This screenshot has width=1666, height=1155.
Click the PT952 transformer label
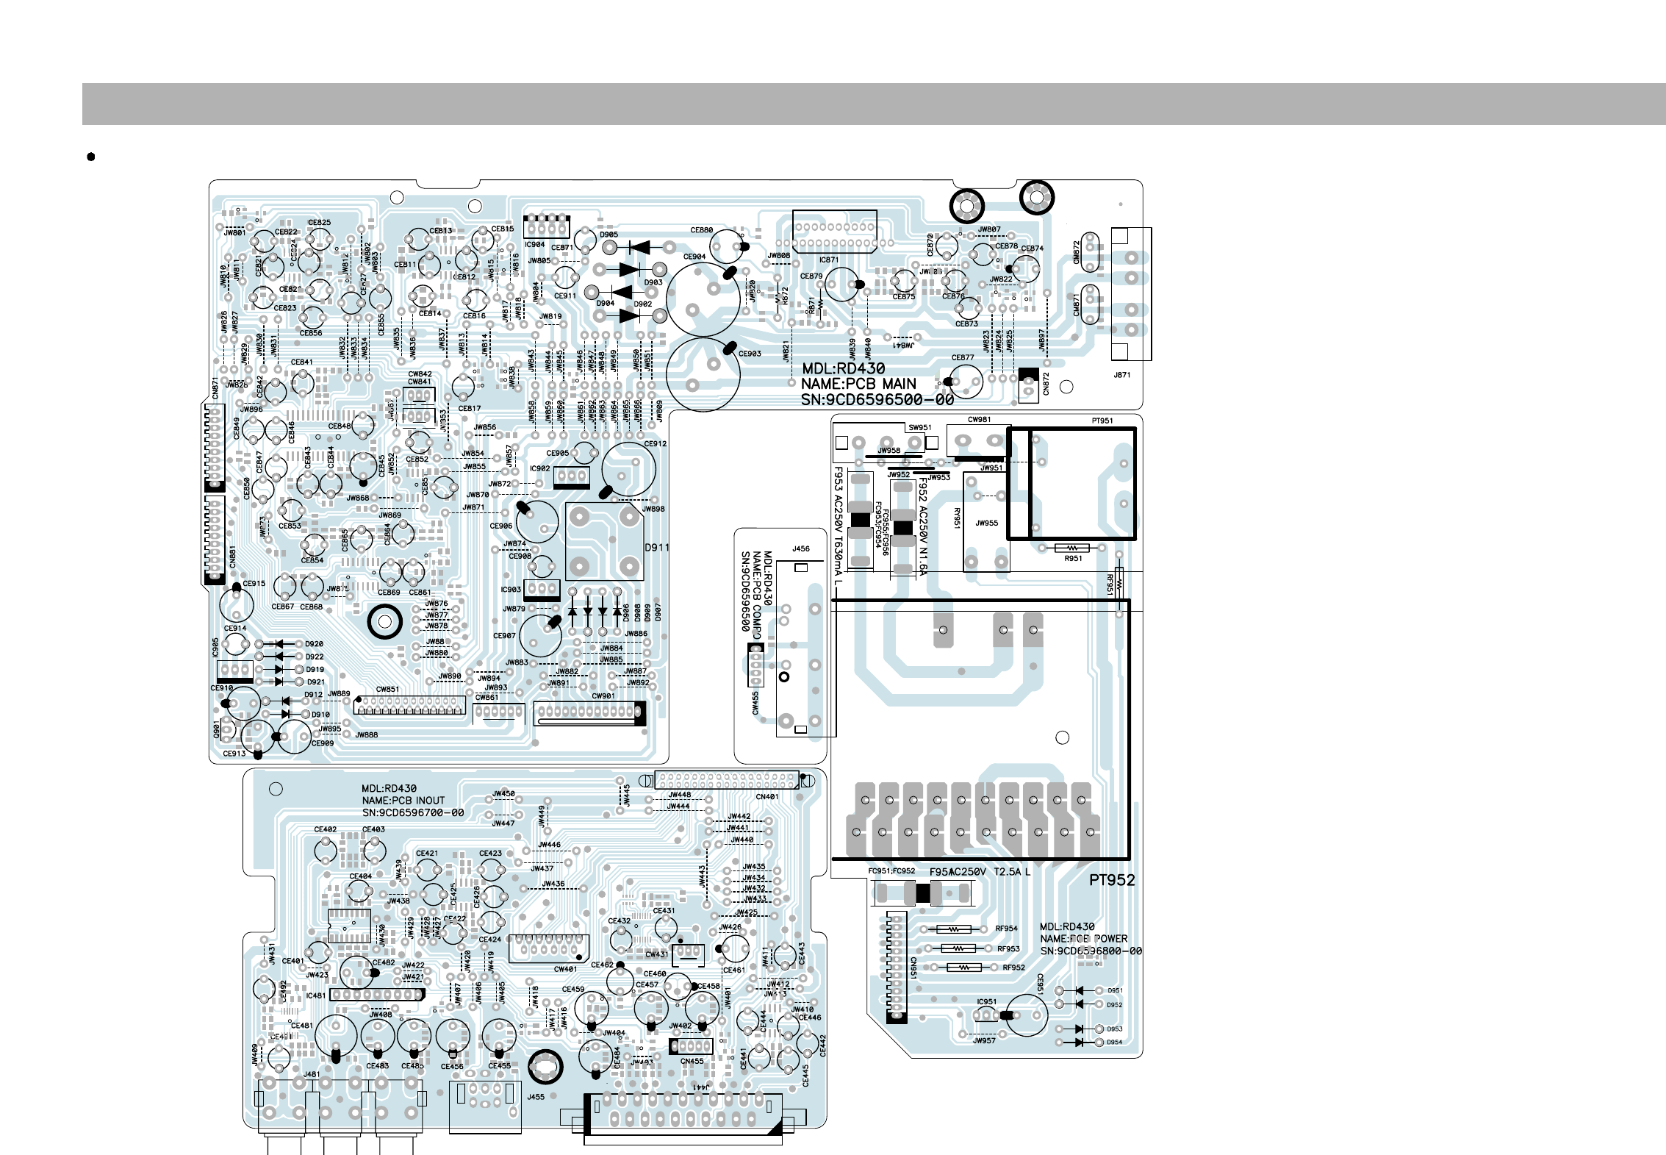point(1111,880)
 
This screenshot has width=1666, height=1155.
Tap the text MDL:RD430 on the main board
point(843,368)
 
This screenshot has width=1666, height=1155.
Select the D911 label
point(656,547)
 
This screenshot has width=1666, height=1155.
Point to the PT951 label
point(1102,421)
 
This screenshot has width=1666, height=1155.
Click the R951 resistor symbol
point(1072,548)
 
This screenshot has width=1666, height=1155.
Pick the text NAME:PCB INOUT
point(403,801)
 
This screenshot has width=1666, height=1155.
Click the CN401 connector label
point(766,796)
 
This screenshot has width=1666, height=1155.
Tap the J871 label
point(1121,375)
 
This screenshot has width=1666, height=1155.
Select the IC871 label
point(828,260)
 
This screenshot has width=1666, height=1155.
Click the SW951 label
point(919,427)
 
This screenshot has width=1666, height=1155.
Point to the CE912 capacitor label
point(655,444)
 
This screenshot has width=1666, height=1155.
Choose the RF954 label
point(1006,929)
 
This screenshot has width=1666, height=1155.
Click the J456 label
point(800,548)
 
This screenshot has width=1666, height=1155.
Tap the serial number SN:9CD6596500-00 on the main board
point(877,400)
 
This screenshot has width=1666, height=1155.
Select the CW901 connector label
point(603,695)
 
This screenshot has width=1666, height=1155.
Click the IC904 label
point(534,245)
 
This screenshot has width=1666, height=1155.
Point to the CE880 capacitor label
point(701,230)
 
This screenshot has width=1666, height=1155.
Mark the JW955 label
point(986,523)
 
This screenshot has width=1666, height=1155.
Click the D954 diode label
point(1114,1042)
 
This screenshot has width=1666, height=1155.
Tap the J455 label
point(536,1097)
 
